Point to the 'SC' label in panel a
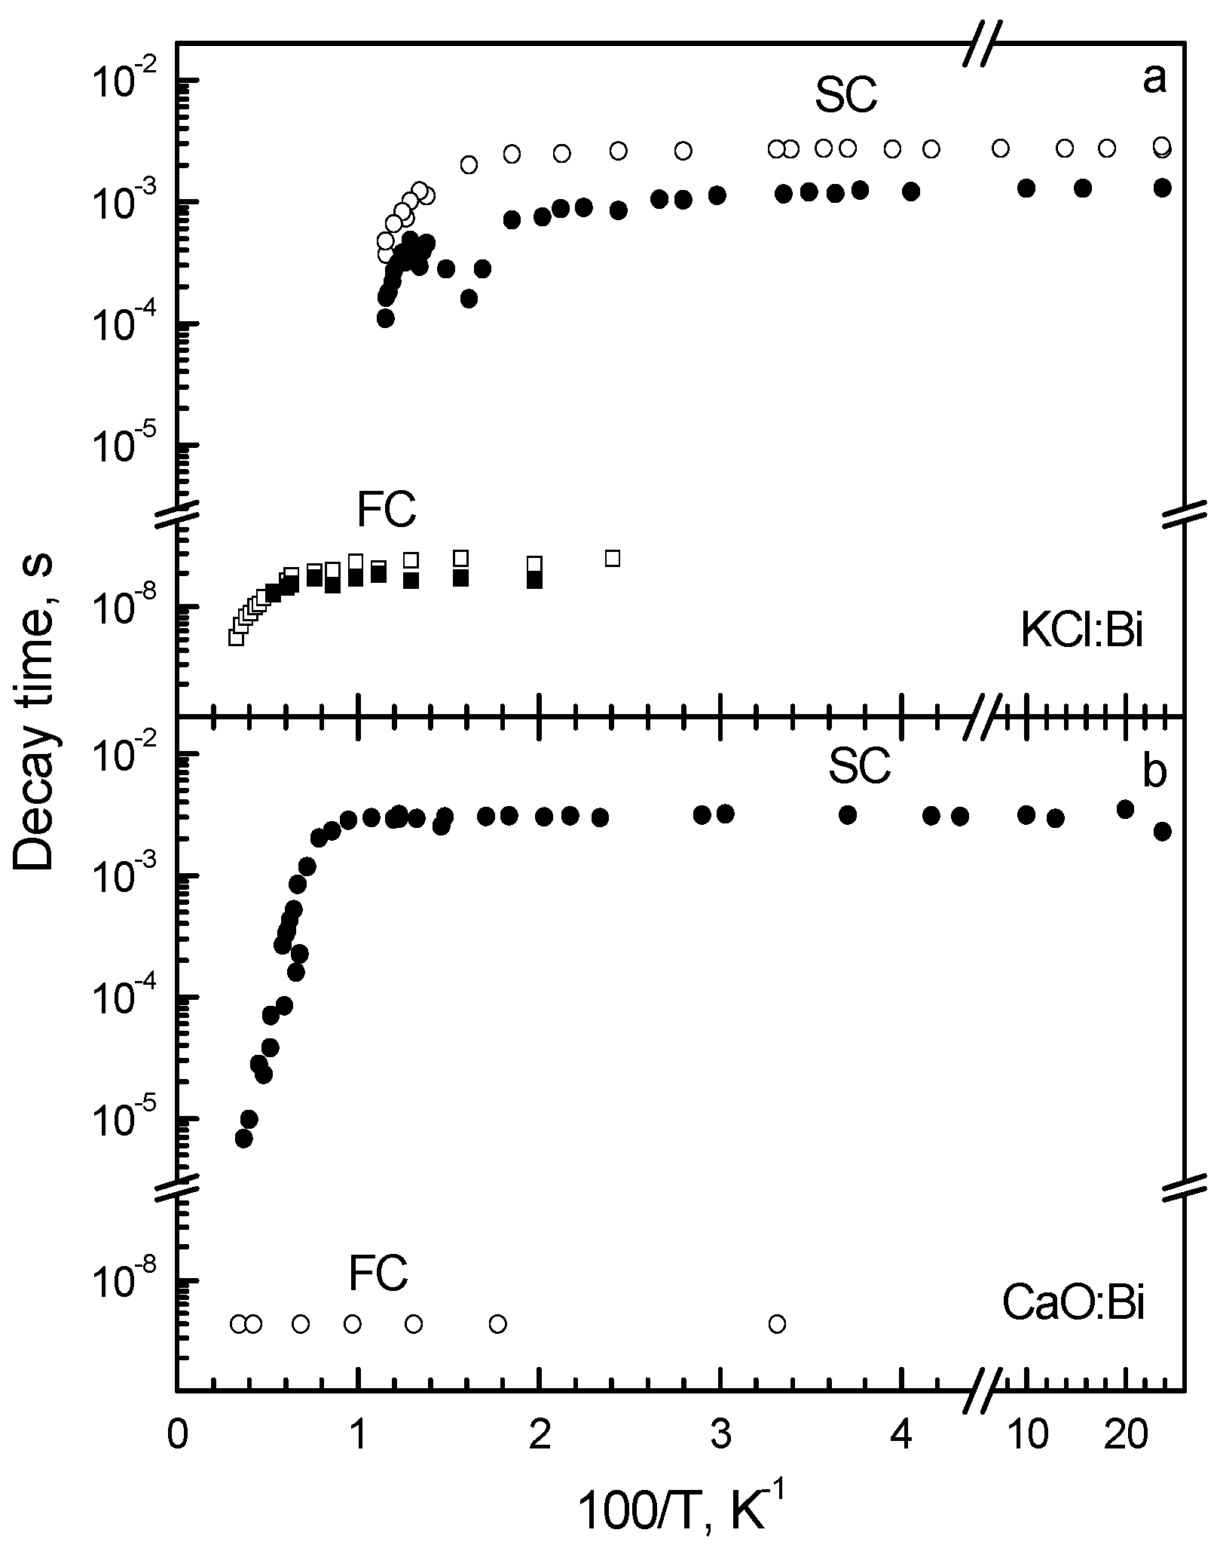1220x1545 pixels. (x=845, y=97)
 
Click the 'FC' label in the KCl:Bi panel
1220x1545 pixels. (x=386, y=510)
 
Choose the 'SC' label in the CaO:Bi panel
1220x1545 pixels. (x=859, y=768)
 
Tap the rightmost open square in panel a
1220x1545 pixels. (x=613, y=558)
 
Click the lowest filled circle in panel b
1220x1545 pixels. (x=244, y=1139)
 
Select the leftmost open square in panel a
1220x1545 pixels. (x=236, y=637)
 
